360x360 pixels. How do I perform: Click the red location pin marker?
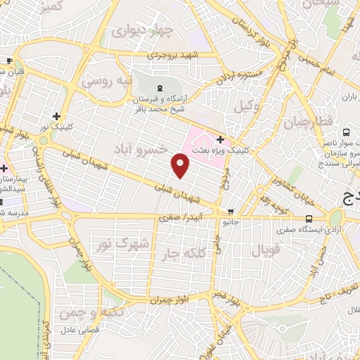(181, 165)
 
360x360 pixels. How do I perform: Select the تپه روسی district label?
(107, 82)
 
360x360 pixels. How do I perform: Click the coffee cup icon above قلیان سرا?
(9, 60)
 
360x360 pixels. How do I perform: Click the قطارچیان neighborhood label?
(307, 122)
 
